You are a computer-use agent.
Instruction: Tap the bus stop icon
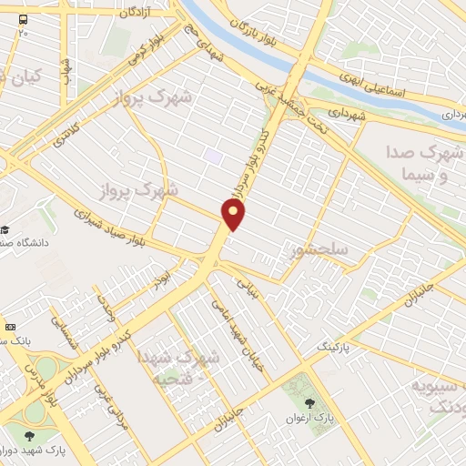[22, 18]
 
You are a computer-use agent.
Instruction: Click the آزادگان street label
[131, 12]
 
